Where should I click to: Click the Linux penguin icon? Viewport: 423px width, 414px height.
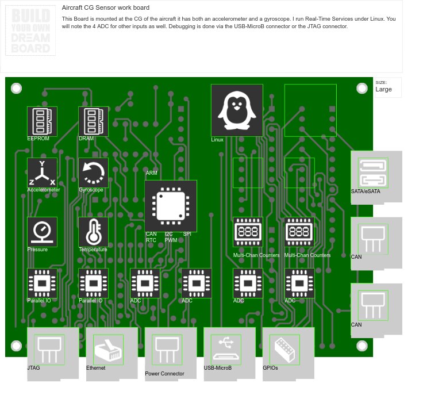[237, 110]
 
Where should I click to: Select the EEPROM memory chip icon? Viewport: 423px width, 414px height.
[42, 121]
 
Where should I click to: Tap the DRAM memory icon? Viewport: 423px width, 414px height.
[93, 121]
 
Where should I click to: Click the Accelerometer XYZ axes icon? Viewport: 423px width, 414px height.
[42, 172]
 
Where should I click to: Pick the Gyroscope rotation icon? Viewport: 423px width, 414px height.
[93, 172]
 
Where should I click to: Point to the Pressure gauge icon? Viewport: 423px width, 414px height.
[42, 232]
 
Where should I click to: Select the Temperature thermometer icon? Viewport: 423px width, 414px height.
[93, 232]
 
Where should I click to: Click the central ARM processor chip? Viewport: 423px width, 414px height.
[171, 206]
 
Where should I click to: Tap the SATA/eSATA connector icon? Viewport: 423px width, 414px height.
[373, 172]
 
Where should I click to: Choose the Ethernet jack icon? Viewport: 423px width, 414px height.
[108, 350]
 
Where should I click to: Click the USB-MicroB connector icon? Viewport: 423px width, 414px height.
[226, 350]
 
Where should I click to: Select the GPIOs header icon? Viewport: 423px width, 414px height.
[284, 350]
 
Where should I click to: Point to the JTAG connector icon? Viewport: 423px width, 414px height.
[49, 350]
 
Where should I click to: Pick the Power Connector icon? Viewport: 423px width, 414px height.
[167, 350]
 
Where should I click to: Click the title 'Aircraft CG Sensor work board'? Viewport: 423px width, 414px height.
[106, 8]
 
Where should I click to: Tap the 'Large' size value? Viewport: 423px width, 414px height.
[383, 90]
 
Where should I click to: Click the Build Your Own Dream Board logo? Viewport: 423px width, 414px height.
[30, 31]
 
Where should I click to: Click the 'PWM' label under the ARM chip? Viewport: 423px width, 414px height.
[171, 240]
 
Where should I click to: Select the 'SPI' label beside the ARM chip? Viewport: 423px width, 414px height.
[187, 234]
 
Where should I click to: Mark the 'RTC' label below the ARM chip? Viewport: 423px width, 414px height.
[151, 240]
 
